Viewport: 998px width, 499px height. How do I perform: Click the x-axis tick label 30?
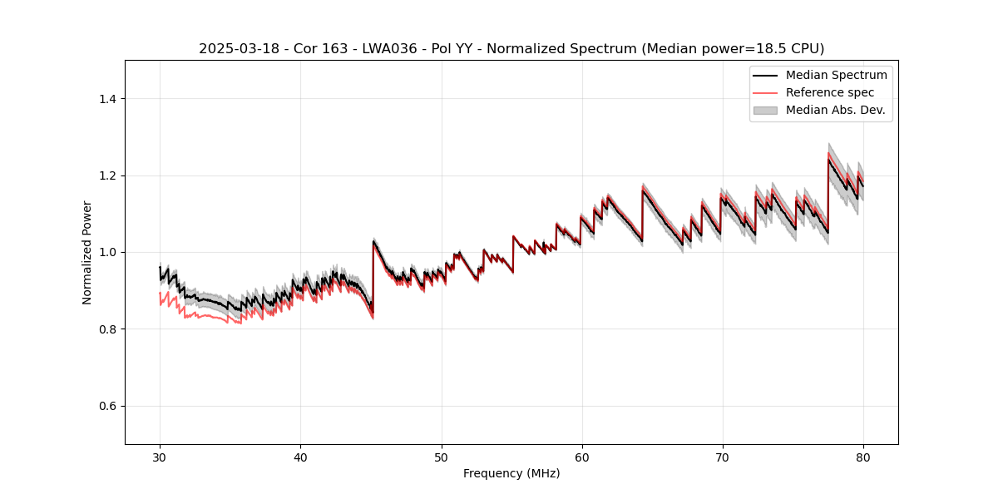(x=161, y=457)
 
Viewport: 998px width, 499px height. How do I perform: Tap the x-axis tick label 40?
(x=301, y=457)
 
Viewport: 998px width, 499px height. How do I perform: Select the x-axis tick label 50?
(x=442, y=457)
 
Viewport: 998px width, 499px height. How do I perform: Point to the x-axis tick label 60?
(x=582, y=457)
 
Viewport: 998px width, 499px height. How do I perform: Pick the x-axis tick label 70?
(x=723, y=457)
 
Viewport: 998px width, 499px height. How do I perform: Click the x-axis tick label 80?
(x=863, y=457)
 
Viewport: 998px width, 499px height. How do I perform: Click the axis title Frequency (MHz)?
(x=511, y=473)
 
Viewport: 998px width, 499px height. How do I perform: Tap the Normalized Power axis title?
(x=87, y=252)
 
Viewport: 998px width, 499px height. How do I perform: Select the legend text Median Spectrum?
(x=836, y=75)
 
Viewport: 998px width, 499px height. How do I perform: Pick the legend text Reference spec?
(x=830, y=92)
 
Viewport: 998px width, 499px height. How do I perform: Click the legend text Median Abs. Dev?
(x=835, y=110)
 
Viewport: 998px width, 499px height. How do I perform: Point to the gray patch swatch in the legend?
(x=765, y=110)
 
